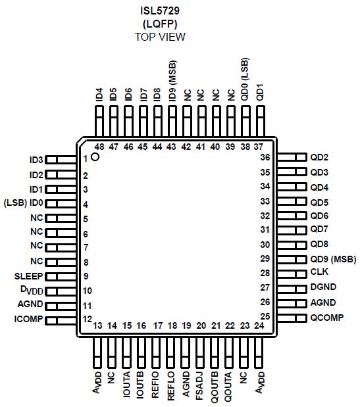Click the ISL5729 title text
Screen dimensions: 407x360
pos(160,9)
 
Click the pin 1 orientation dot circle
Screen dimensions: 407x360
pos(95,157)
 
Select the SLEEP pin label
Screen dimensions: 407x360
pos(28,276)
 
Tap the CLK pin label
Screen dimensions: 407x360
pos(319,272)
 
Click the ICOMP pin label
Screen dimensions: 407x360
pos(28,320)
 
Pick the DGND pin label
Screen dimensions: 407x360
pos(323,287)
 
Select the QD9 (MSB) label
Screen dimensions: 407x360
pos(332,258)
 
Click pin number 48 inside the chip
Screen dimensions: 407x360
pos(99,147)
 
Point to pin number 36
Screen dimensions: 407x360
pos(265,158)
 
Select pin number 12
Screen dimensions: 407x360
pos(86,320)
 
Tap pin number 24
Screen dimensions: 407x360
pos(259,325)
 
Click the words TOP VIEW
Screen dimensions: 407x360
pos(160,37)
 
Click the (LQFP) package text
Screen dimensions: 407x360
pos(160,23)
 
